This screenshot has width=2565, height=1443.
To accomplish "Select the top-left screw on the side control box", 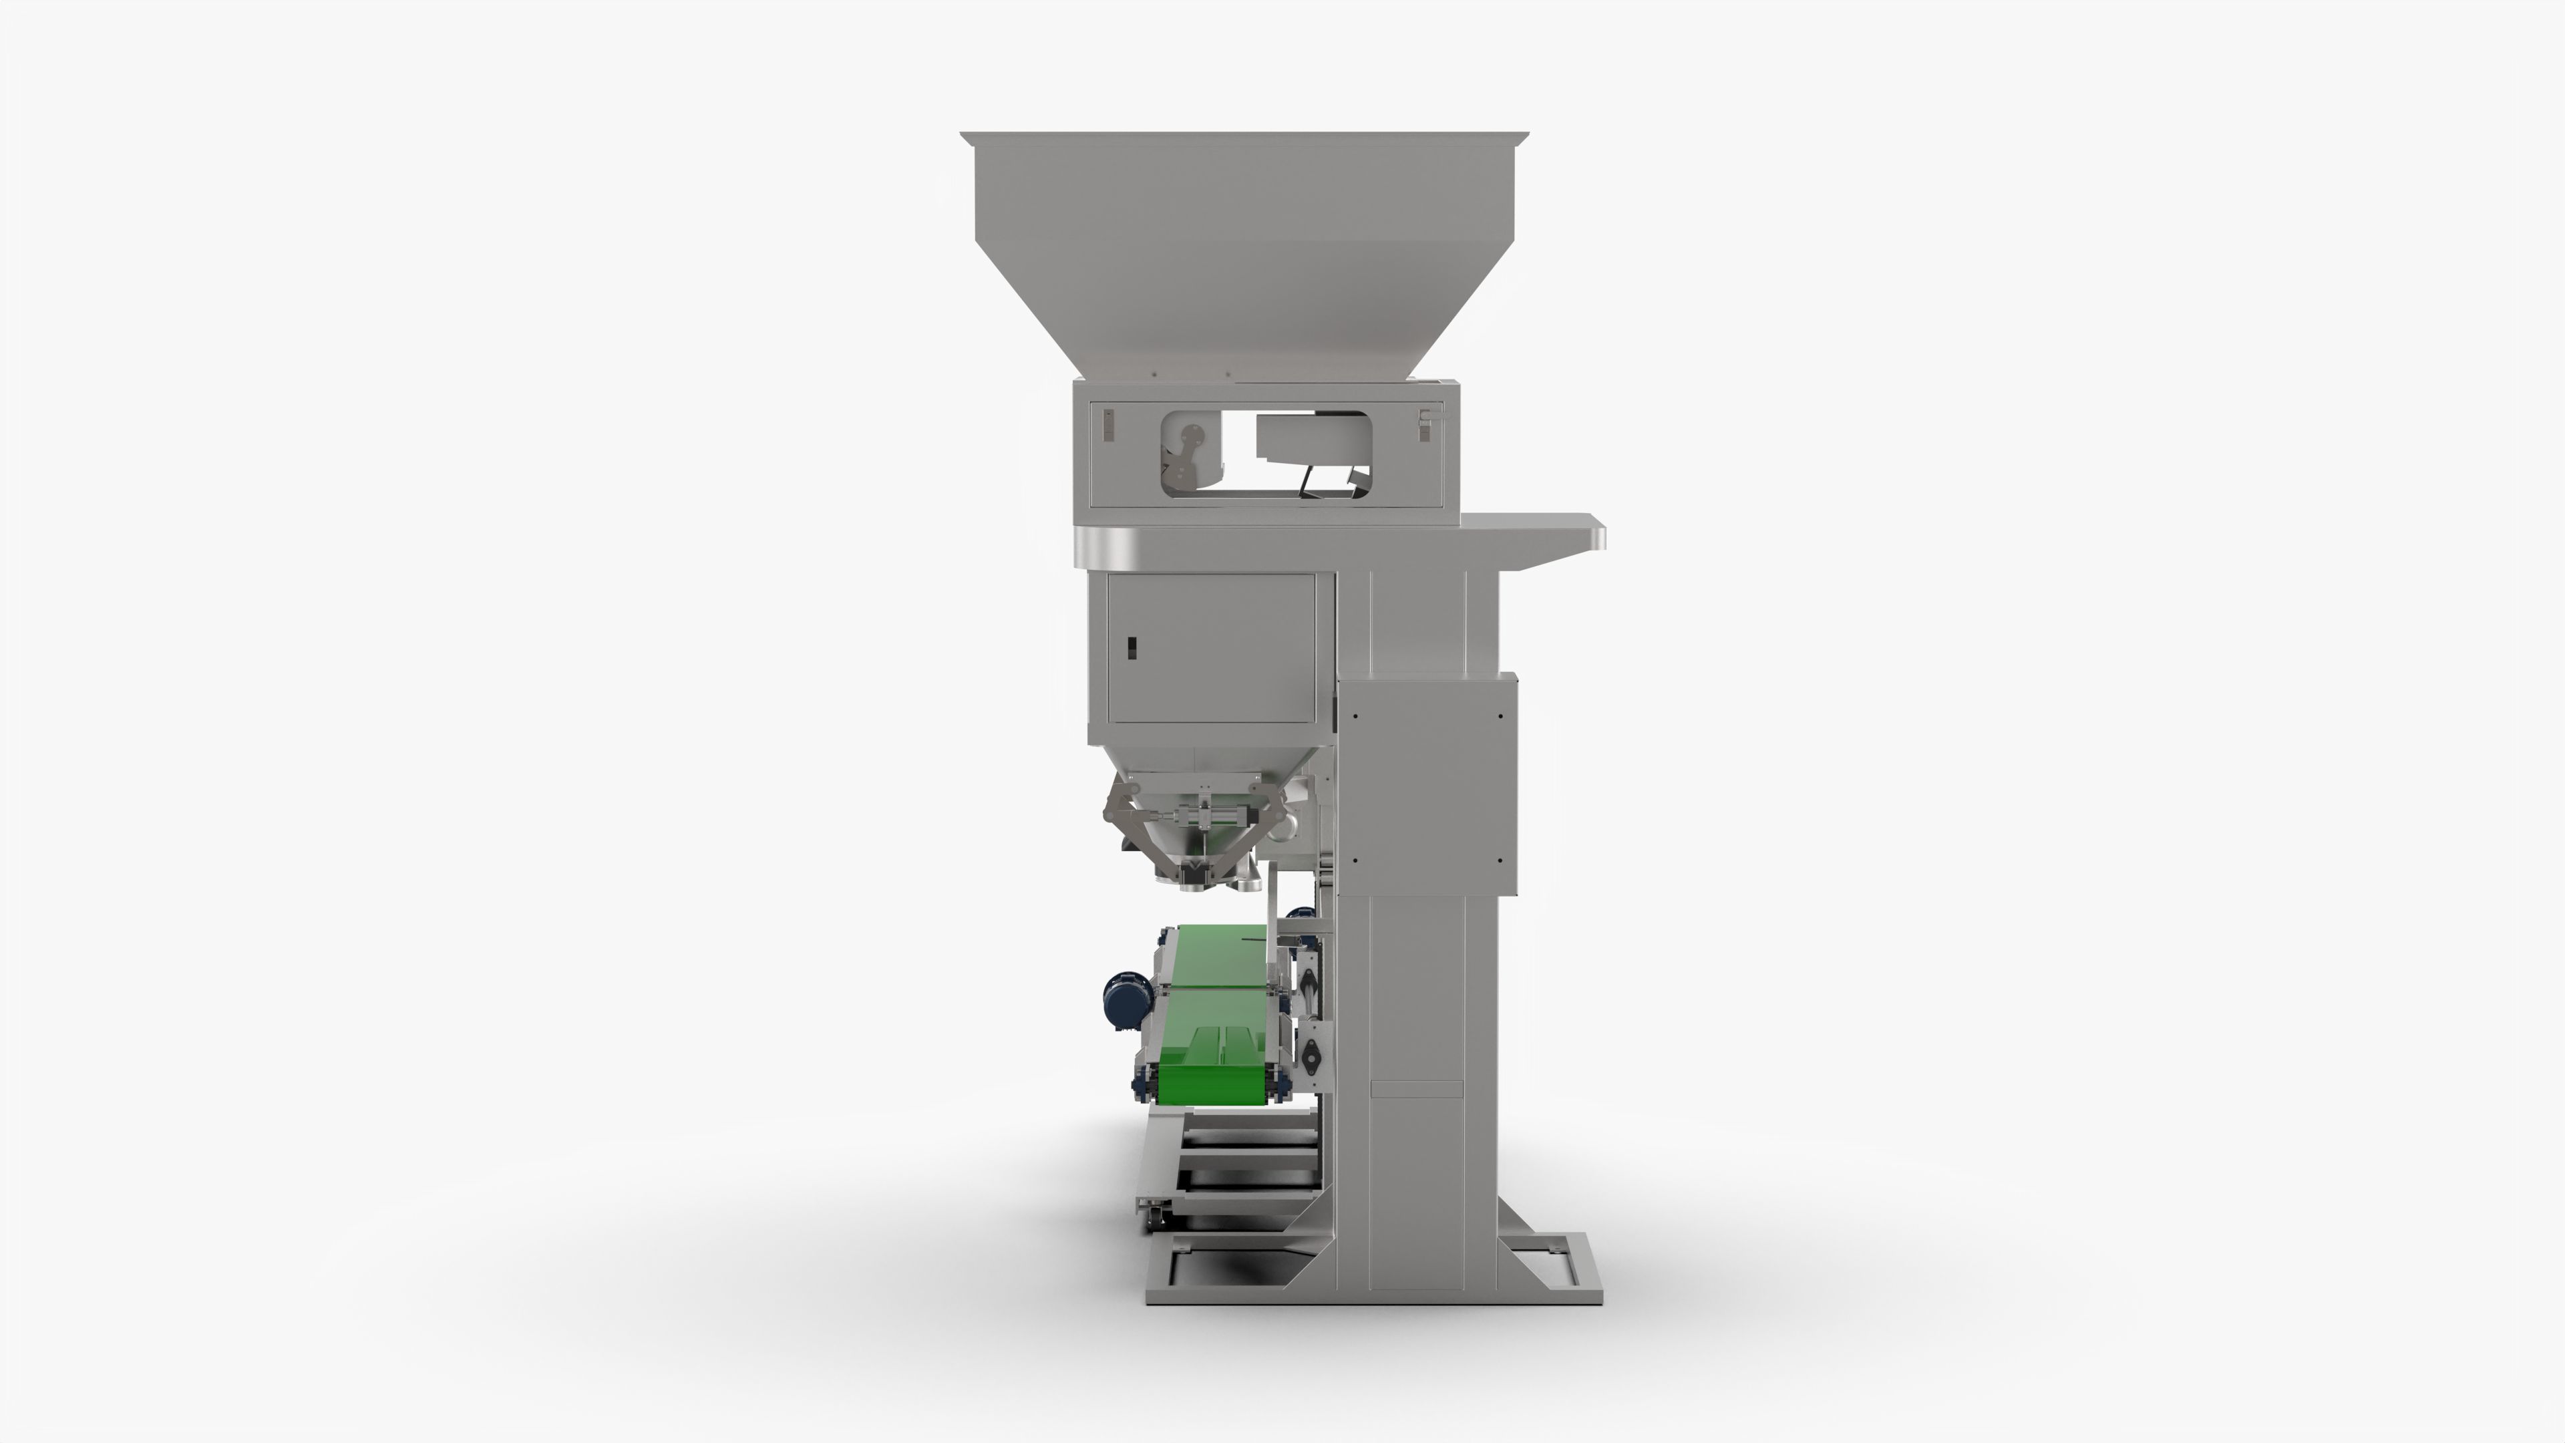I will pyautogui.click(x=1355, y=715).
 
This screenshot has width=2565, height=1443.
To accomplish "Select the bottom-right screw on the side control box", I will pyautogui.click(x=1500, y=860).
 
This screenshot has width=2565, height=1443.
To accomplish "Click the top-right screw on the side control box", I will pyautogui.click(x=1500, y=715).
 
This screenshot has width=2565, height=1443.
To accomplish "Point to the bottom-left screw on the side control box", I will pyautogui.click(x=1355, y=860).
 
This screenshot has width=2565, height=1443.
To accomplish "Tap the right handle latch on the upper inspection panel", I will pyautogui.click(x=1425, y=426).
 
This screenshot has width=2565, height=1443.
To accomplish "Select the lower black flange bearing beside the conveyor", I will pyautogui.click(x=1311, y=1054).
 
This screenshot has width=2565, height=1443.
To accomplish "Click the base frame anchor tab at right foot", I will pyautogui.click(x=1553, y=1245).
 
